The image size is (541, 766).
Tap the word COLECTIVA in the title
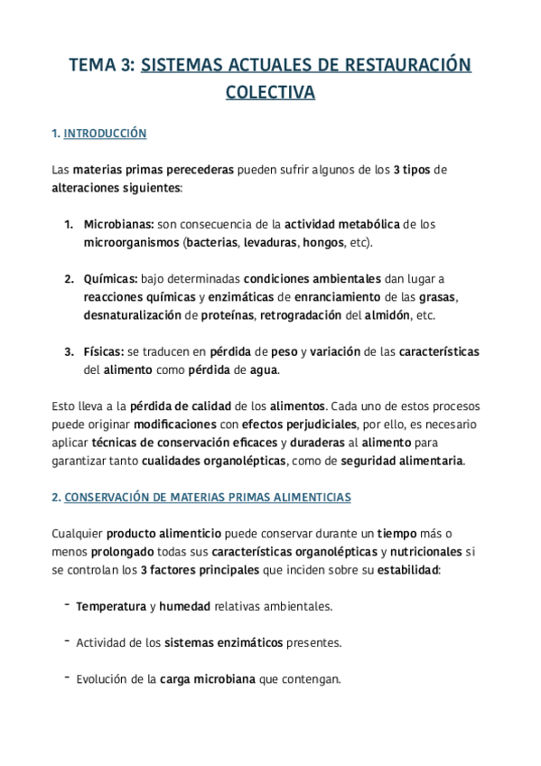[270, 92]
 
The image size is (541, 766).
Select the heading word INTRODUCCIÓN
[105, 134]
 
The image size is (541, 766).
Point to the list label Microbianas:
[117, 224]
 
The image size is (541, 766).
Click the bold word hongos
[323, 243]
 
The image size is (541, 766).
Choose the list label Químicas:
[110, 278]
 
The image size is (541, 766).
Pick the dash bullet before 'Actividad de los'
[68, 641]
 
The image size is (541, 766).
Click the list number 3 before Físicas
[68, 351]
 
